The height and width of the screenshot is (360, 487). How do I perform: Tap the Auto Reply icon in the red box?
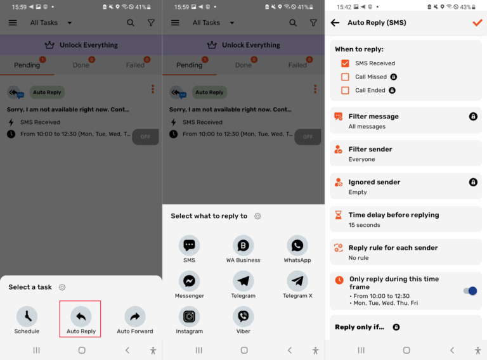click(81, 316)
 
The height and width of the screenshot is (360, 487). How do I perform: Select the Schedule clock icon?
click(27, 316)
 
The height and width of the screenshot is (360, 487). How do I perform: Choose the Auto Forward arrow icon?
click(134, 316)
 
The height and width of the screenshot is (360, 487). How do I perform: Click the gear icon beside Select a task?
click(62, 287)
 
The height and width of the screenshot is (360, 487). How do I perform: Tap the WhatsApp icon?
click(297, 245)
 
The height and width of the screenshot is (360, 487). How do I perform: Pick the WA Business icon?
click(243, 245)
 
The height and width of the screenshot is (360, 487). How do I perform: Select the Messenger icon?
click(189, 281)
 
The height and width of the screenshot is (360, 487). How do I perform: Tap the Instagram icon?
click(189, 316)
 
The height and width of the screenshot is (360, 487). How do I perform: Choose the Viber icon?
click(243, 316)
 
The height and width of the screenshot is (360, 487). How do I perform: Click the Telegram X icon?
click(297, 281)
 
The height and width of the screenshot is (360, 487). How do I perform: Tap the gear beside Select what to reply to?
click(257, 216)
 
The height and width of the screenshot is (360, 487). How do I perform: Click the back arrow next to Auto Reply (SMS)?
click(335, 23)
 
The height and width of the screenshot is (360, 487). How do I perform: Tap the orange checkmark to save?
click(477, 23)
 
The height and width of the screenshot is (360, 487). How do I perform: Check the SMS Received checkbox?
click(345, 63)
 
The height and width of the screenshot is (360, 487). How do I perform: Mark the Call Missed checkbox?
click(345, 77)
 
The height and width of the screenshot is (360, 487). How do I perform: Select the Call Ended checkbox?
click(345, 91)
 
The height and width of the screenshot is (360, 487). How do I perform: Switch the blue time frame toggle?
click(470, 291)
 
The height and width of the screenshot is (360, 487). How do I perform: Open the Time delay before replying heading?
click(393, 215)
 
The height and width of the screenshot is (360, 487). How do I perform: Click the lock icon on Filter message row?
click(473, 117)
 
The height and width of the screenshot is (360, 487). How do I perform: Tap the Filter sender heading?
click(370, 149)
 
